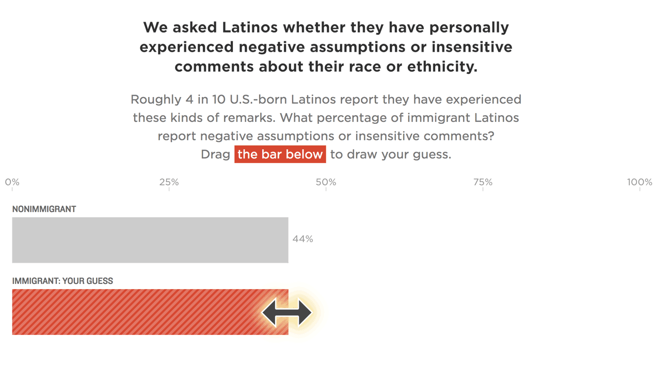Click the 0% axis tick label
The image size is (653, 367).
pos(12,182)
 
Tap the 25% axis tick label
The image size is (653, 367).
pos(169,182)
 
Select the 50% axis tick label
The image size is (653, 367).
pos(326,182)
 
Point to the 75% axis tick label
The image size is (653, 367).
pos(483,182)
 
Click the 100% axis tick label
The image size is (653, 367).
pos(639,182)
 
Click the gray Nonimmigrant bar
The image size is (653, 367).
pos(150,240)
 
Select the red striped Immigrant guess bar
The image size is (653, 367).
pos(134,312)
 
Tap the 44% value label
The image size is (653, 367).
pos(302,239)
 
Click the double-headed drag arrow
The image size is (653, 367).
pos(287,312)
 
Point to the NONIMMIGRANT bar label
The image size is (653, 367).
pos(44,209)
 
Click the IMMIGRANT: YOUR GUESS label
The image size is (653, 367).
pos(62,281)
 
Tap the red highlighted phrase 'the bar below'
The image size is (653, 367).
pos(280,154)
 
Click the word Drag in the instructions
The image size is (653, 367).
pos(215,154)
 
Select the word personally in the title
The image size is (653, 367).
pos(465,27)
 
